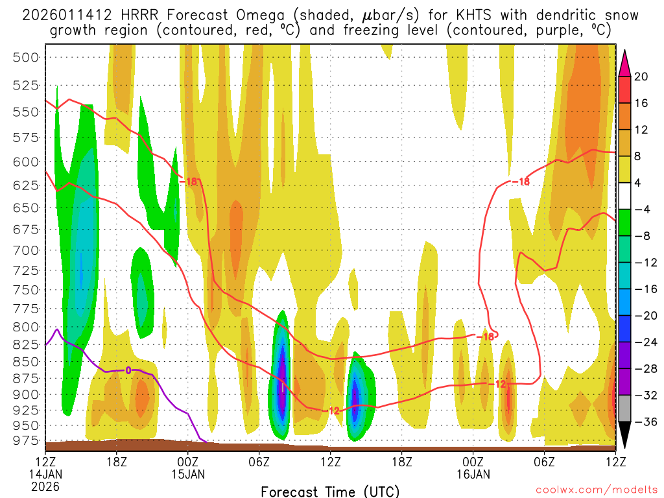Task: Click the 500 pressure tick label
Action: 27,57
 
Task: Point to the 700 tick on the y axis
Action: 27,250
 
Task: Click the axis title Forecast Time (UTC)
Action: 330,492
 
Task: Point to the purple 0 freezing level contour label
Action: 128,370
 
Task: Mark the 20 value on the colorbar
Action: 641,77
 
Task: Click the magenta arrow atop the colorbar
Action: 624,62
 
